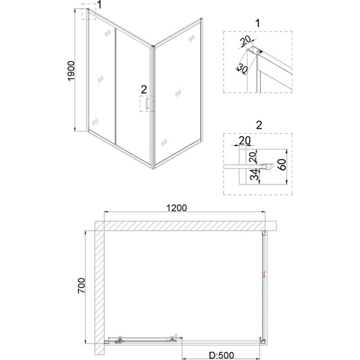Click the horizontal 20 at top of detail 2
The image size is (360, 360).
click(x=245, y=140)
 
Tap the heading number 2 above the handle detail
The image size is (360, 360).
click(x=256, y=124)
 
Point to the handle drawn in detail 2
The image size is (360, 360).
click(x=268, y=167)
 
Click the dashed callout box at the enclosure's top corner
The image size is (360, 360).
click(x=89, y=14)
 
